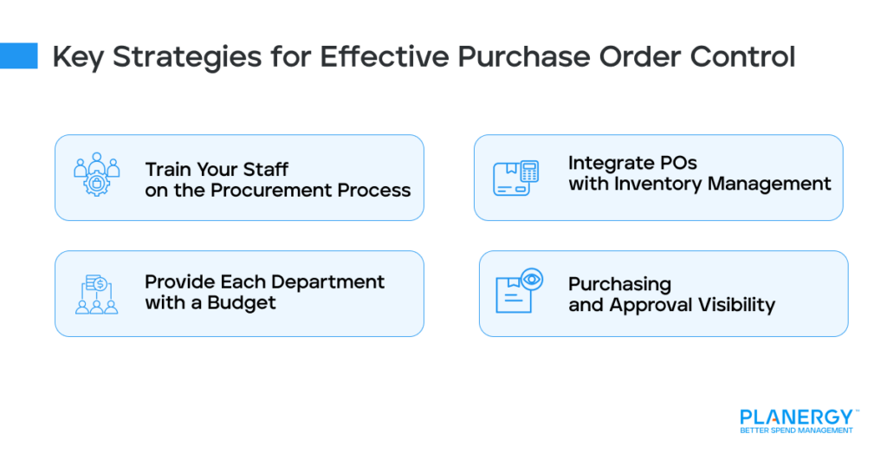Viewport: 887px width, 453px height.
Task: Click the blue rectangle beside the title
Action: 19,56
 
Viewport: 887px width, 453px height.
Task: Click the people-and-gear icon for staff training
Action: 94,177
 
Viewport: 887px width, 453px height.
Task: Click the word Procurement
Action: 281,190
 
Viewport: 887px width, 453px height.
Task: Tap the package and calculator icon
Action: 516,177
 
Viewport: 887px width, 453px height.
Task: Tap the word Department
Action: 327,282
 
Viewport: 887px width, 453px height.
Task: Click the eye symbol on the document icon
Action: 532,279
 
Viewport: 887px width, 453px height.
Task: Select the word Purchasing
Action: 619,283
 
